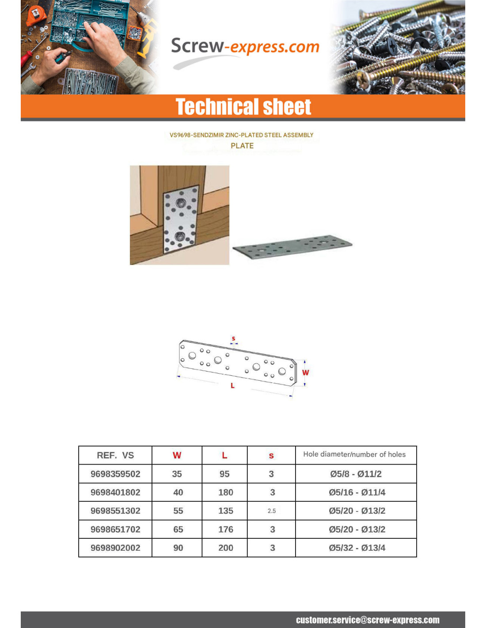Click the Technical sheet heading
tap(243, 107)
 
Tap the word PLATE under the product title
tap(242, 146)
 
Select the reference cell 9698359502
tap(115, 474)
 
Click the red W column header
tap(177, 455)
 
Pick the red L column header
tap(224, 455)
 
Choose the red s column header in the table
tap(271, 456)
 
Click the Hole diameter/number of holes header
tap(354, 454)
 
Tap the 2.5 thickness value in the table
tap(272, 511)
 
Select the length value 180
tap(225, 492)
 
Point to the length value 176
tap(225, 530)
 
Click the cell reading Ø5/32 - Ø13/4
tap(357, 548)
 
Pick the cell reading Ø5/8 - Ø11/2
tap(356, 474)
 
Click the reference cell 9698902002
tap(115, 548)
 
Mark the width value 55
tap(178, 511)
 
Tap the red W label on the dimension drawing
tap(305, 373)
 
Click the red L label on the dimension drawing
tap(232, 386)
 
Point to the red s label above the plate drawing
tap(234, 339)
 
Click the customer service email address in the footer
tap(368, 620)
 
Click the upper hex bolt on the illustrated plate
tap(180, 203)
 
